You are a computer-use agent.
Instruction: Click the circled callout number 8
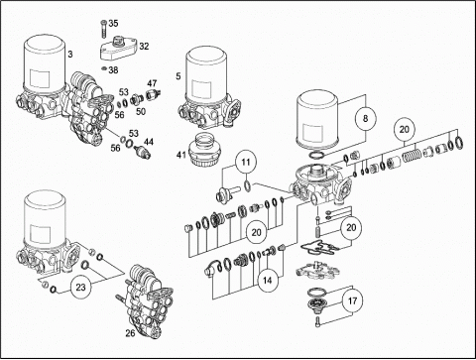pyautogui.click(x=365, y=118)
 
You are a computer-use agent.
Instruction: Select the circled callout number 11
pyautogui.click(x=246, y=163)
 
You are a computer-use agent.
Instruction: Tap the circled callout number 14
pyautogui.click(x=267, y=281)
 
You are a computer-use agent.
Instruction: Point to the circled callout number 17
pyautogui.click(x=352, y=301)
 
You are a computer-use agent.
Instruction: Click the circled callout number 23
pyautogui.click(x=80, y=287)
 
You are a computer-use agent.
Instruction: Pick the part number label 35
pyautogui.click(x=113, y=24)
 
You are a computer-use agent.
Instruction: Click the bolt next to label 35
pyautogui.click(x=103, y=30)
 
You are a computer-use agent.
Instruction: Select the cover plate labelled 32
pyautogui.click(x=118, y=50)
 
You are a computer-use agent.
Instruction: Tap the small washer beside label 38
pyautogui.click(x=104, y=68)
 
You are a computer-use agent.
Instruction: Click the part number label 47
pyautogui.click(x=152, y=83)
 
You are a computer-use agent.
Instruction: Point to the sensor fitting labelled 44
pyautogui.click(x=142, y=152)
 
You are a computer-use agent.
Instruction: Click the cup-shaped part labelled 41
pyautogui.click(x=204, y=151)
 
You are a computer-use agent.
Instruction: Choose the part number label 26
pyautogui.click(x=130, y=333)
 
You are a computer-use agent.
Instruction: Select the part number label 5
pyautogui.click(x=178, y=76)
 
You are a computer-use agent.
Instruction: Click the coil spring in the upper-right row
pyautogui.click(x=412, y=154)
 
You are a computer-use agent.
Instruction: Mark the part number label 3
pyautogui.click(x=70, y=54)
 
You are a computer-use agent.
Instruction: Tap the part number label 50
pyautogui.click(x=141, y=111)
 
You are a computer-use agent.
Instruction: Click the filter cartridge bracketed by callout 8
pyautogui.click(x=318, y=120)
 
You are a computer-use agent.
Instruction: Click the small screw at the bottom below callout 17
pyautogui.click(x=318, y=320)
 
